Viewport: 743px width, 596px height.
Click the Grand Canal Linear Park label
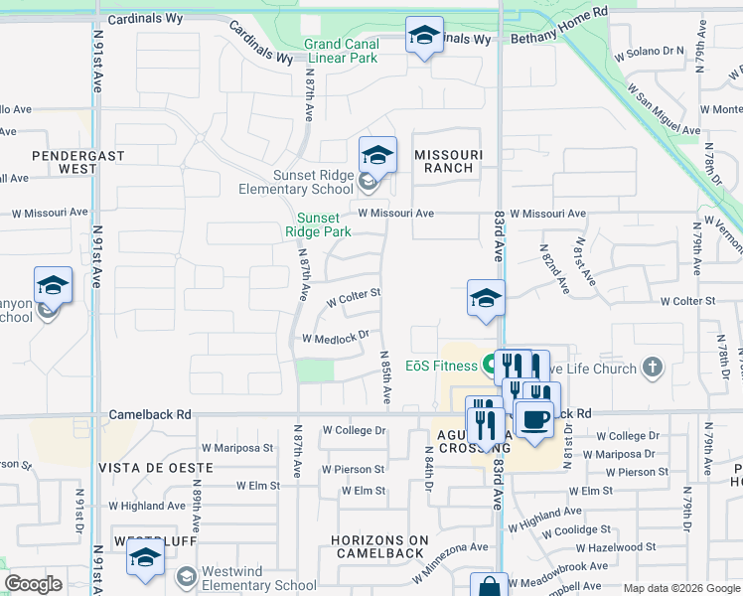pos(341,51)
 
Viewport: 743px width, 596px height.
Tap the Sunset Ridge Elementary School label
pos(296,182)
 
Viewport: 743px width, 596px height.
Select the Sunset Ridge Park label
pos(318,224)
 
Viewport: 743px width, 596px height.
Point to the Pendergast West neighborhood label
pos(64,162)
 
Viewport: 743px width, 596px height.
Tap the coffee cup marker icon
pos(535,419)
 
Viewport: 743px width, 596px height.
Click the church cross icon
pos(652,369)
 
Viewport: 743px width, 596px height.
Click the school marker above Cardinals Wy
pos(424,37)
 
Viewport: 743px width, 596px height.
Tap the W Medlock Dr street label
pos(336,338)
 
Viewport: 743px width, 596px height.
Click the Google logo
pos(34,584)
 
